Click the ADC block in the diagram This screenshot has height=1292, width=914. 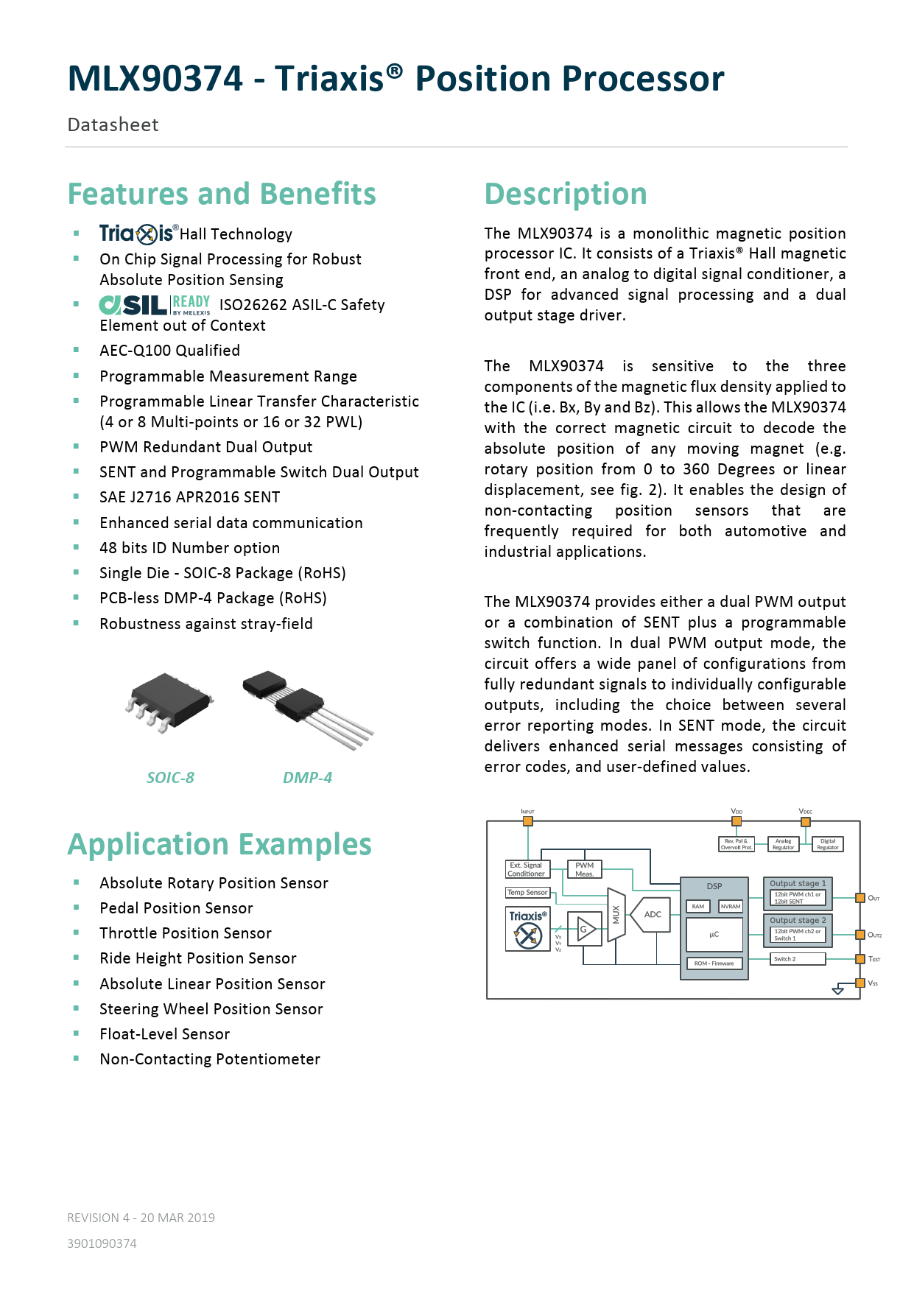tap(652, 914)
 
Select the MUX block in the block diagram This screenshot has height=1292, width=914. tap(616, 915)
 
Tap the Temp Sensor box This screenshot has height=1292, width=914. tap(528, 892)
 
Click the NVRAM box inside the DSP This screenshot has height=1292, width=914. tap(731, 906)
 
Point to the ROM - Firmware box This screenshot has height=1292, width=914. tap(714, 963)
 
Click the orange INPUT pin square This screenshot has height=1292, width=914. tap(527, 821)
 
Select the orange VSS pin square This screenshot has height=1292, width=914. tap(859, 983)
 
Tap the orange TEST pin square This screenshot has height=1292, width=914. tap(859, 958)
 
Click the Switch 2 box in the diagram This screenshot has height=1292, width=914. tap(798, 958)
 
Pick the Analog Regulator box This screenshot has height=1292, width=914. tap(783, 844)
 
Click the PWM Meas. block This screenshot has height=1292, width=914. tap(584, 869)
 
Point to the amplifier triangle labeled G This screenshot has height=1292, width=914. tap(586, 930)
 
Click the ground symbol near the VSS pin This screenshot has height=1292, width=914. tap(837, 991)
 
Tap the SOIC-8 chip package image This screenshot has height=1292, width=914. tap(169, 701)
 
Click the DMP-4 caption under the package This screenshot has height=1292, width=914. tap(307, 778)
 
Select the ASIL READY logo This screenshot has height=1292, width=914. tap(155, 305)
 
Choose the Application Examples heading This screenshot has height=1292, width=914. tap(219, 844)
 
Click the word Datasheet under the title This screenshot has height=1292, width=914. tap(113, 124)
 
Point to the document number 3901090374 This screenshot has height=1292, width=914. tap(102, 1243)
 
